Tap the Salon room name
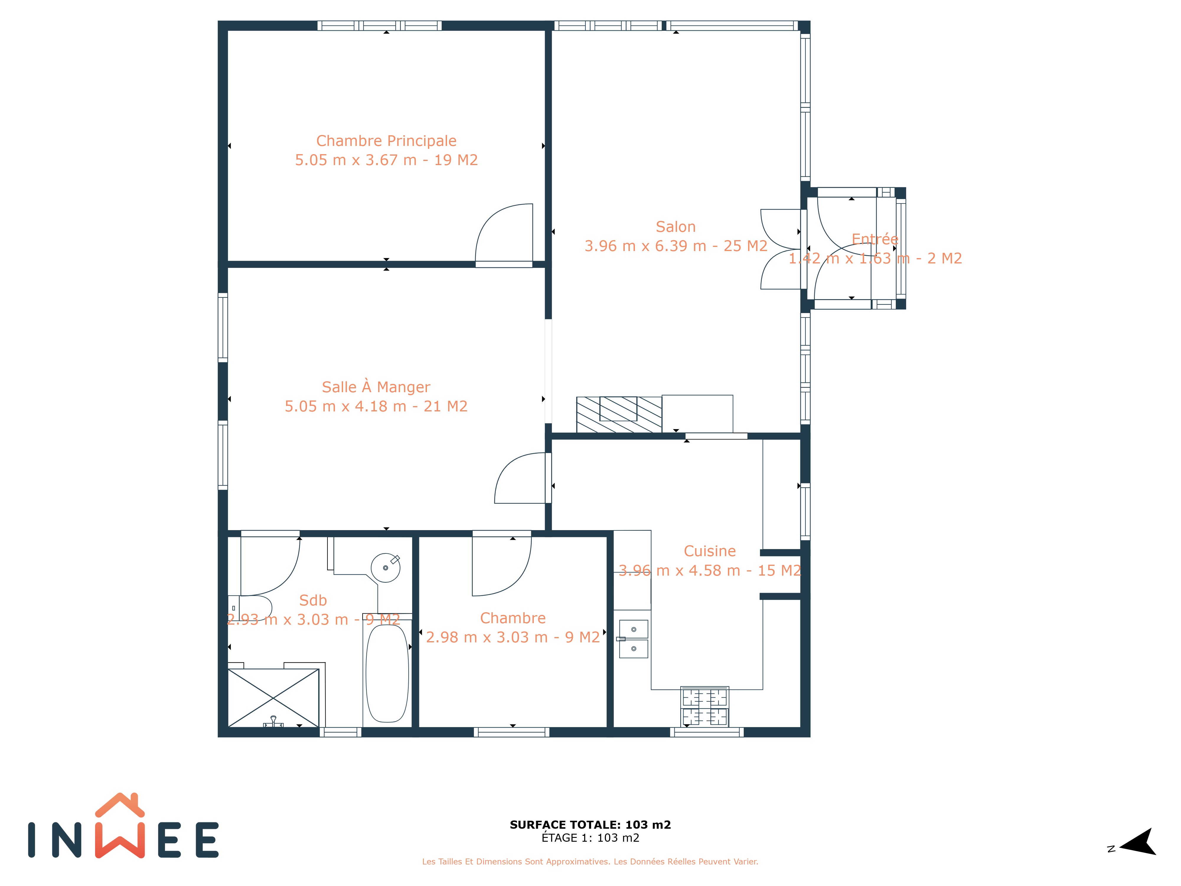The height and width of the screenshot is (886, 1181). [x=676, y=227]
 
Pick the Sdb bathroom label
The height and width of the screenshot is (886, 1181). [x=313, y=600]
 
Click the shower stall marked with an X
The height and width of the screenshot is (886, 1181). [x=273, y=698]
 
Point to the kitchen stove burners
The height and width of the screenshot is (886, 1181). [x=705, y=706]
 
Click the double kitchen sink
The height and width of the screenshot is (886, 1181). [x=633, y=639]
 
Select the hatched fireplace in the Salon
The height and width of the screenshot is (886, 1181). [x=619, y=414]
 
